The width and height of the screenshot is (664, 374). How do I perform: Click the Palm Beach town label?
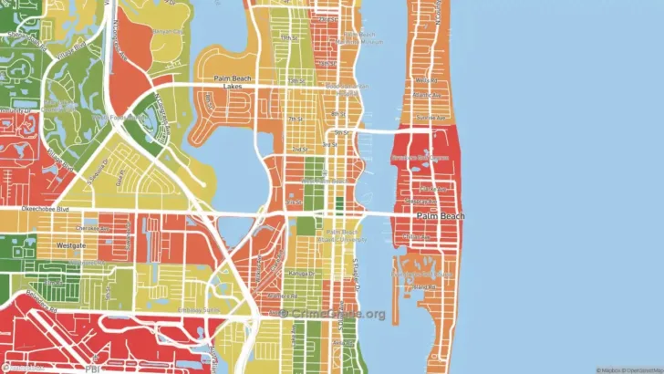[x=441, y=215]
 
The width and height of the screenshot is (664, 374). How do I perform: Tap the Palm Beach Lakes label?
[x=232, y=85]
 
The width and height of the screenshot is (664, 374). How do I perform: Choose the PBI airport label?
[x=91, y=369]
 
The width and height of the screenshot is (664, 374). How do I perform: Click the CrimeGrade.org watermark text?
[x=333, y=314]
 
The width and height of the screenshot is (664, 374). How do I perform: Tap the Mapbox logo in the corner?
[x=20, y=368]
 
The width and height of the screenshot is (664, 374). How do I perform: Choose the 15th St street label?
[x=291, y=38]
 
